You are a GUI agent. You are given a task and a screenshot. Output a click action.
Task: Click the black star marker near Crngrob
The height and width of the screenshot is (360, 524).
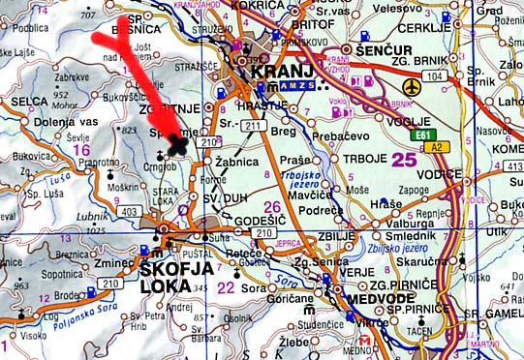(176, 144)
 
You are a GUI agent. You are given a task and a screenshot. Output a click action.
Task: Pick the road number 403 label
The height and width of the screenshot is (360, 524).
(128, 211)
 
